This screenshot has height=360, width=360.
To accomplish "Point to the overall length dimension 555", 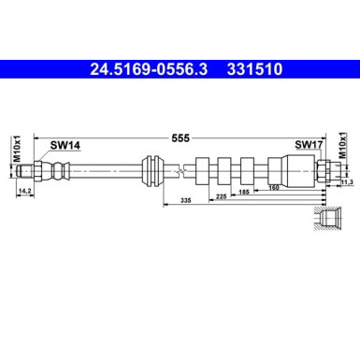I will pos(180,137).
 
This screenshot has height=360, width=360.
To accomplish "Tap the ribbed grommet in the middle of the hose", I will pos(151,171).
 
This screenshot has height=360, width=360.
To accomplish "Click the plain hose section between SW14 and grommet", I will pos(103,171).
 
